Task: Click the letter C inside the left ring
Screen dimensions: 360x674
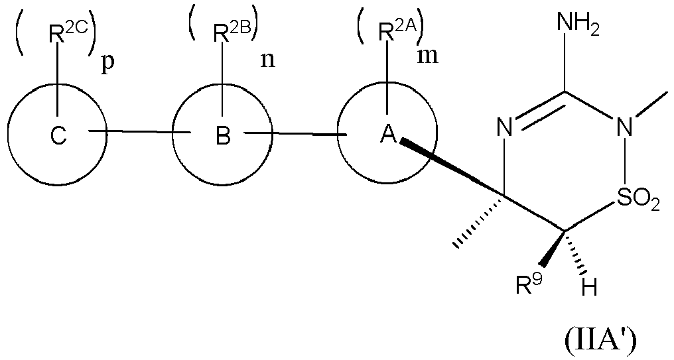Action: [x=58, y=137]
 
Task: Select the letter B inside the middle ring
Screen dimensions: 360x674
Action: [x=223, y=137]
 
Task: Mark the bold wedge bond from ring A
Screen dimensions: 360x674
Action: [x=451, y=168]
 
